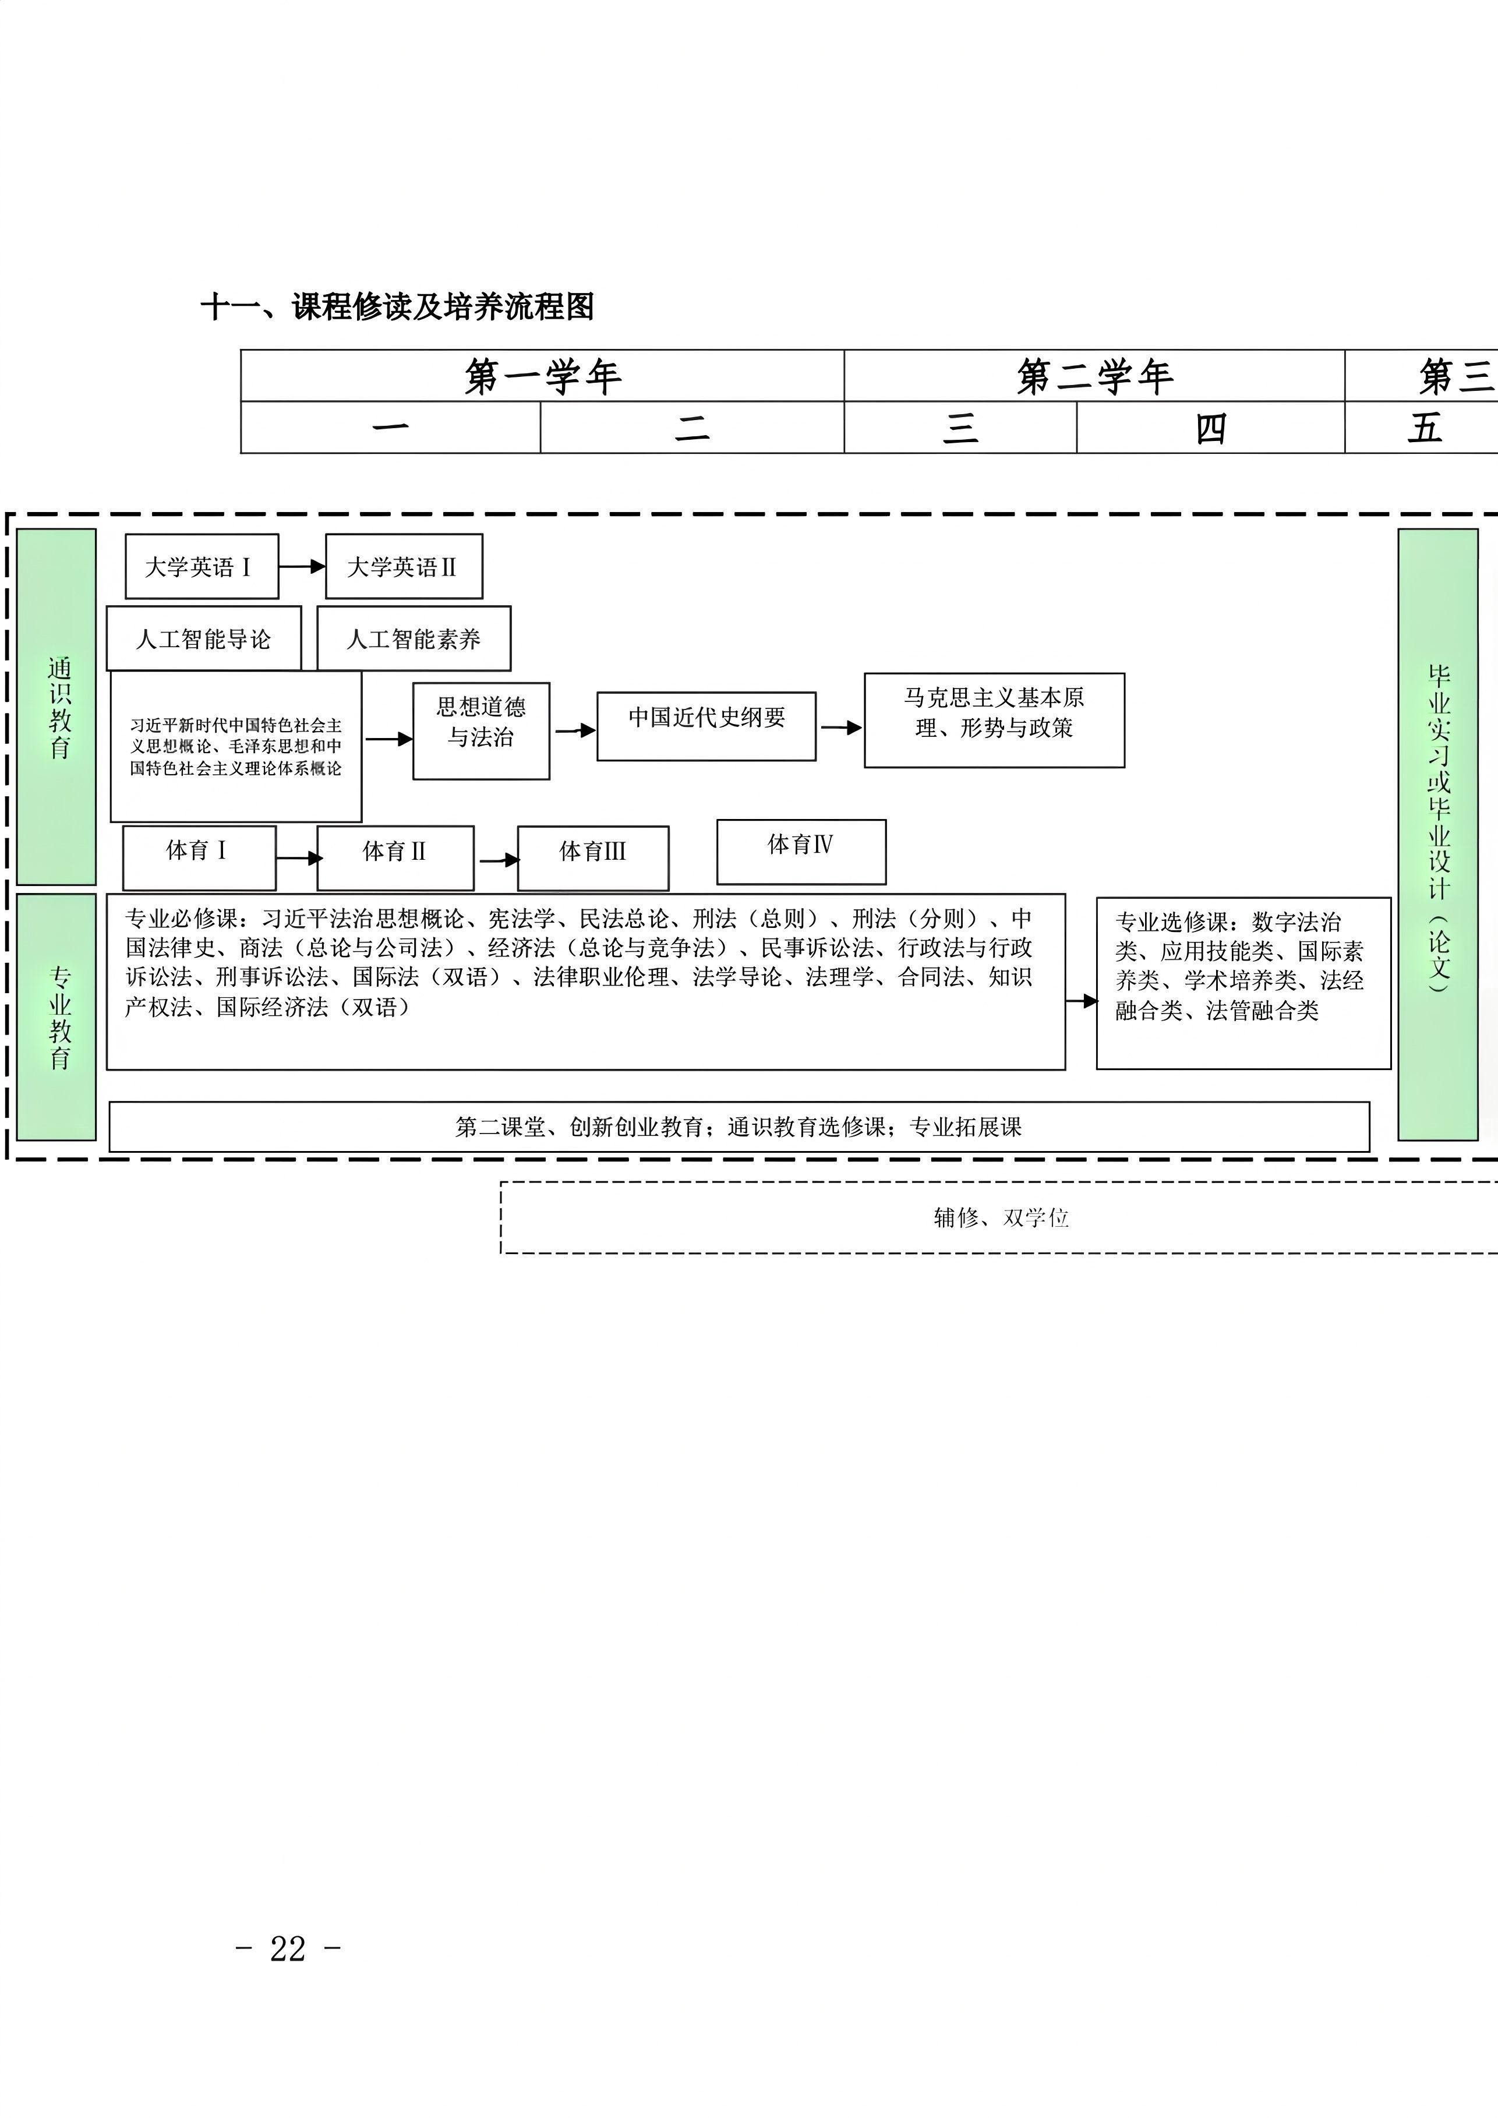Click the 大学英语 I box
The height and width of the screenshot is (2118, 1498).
(x=202, y=566)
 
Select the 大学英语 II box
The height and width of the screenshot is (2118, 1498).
(x=404, y=566)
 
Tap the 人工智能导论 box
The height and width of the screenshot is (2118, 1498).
(x=204, y=638)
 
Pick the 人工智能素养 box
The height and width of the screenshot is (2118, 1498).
(x=414, y=638)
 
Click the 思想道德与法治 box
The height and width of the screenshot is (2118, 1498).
(x=482, y=730)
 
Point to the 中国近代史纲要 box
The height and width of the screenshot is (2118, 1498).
(x=706, y=726)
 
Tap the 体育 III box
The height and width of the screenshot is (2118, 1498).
(x=593, y=858)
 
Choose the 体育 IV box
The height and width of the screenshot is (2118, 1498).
(x=801, y=852)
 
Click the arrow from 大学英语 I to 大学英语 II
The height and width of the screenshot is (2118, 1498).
(x=302, y=566)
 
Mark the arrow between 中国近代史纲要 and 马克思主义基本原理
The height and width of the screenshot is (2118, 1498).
(x=840, y=728)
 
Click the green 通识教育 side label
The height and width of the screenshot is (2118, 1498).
(x=56, y=707)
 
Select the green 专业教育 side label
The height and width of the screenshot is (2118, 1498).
(x=56, y=1016)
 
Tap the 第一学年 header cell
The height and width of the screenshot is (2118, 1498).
(x=542, y=376)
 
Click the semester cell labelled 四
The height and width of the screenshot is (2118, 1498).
(x=1210, y=427)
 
